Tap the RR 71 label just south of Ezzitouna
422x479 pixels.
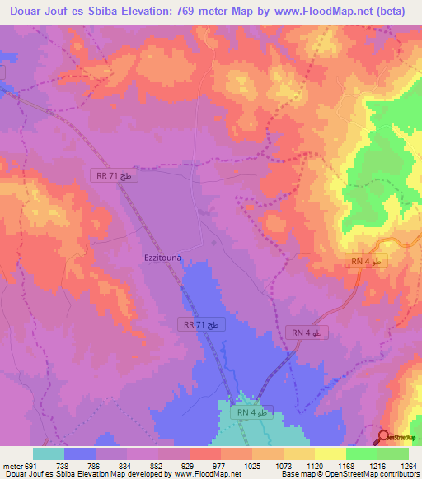[x=201, y=325]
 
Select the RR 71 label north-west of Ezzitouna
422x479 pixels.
[x=114, y=176]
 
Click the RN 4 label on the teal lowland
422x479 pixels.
[x=251, y=412]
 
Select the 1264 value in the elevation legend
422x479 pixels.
[x=408, y=465]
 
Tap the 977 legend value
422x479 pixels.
[x=218, y=465]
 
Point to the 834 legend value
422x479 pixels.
[x=123, y=465]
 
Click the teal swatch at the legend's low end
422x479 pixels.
[x=49, y=453]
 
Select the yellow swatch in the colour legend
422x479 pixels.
[x=330, y=453]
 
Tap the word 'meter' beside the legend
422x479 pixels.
[x=11, y=465]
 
